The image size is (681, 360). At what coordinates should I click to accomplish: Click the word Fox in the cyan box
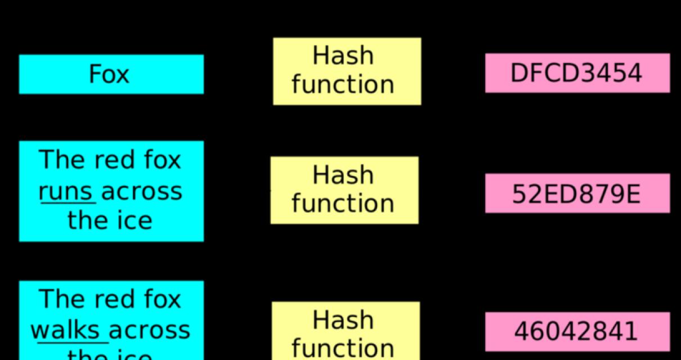(109, 74)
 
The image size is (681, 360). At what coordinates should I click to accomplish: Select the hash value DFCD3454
(576, 73)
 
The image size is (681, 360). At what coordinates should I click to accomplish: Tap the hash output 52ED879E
(576, 194)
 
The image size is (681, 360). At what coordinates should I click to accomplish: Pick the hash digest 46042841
(576, 331)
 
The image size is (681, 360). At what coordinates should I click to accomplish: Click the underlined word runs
(65, 192)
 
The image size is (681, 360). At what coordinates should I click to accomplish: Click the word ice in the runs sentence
(133, 220)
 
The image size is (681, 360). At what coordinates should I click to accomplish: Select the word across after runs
(141, 192)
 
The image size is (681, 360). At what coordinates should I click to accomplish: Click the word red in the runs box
(111, 160)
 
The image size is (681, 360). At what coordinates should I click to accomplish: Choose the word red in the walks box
(111, 299)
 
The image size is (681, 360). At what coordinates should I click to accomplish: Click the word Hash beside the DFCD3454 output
(343, 56)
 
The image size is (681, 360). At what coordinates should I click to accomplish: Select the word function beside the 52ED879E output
(343, 203)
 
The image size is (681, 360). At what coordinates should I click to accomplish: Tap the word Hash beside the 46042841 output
(343, 320)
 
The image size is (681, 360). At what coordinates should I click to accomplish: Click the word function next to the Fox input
(343, 85)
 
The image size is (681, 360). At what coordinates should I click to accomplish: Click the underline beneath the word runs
(66, 203)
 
